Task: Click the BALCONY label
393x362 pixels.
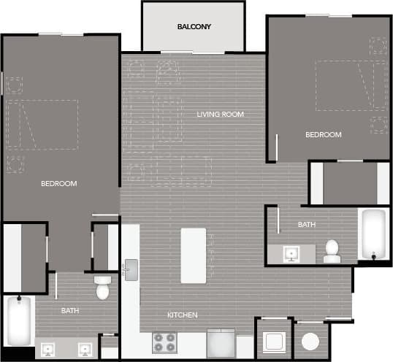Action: pos(194,27)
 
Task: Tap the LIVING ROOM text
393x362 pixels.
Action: pos(220,115)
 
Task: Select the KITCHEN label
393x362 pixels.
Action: pos(182,315)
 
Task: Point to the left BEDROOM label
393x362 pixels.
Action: pos(58,183)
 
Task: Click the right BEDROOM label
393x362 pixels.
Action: pos(323,135)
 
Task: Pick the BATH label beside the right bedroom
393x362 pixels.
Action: pos(306,225)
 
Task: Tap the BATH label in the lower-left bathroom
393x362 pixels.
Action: pos(69,311)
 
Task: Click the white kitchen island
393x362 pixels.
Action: pos(194,255)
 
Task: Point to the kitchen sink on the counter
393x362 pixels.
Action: pos(130,270)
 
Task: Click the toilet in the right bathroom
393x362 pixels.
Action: pos(332,250)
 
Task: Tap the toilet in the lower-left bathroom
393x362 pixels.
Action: pos(102,288)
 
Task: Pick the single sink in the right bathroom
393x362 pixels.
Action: pos(291,253)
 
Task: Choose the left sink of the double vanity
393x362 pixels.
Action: pos(50,348)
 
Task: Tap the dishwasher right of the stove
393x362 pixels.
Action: pos(221,344)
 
